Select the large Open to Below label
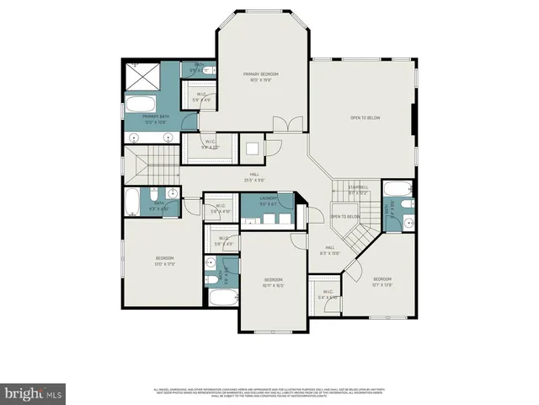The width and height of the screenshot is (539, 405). (366, 118)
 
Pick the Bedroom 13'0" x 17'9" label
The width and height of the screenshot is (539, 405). (164, 260)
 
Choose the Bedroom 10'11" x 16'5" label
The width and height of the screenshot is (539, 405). (274, 283)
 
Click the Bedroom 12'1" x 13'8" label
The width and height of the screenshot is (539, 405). (382, 281)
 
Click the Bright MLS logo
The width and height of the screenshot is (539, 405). (33, 393)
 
